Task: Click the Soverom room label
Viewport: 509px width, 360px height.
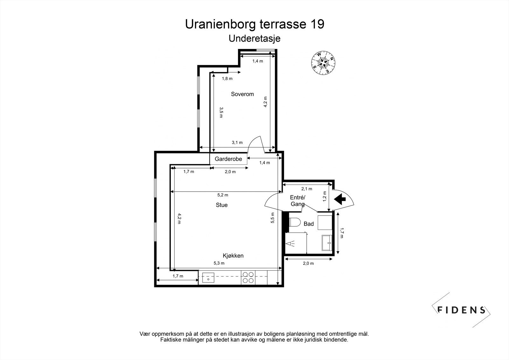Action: pos(242,94)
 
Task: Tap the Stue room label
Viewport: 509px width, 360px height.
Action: pos(221,205)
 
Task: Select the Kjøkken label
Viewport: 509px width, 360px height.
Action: pos(233,256)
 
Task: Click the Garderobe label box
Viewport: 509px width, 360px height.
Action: pos(228,159)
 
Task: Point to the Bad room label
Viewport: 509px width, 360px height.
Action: pos(309,224)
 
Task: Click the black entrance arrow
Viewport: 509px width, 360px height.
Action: pos(340,199)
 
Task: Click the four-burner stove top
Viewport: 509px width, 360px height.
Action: pos(248,277)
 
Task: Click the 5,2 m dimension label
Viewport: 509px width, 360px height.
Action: pos(222,195)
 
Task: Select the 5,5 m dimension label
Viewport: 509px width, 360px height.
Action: pos(273,218)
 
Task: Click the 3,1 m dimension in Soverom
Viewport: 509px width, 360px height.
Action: pos(237,143)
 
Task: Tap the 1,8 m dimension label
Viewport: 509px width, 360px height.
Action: pos(227,79)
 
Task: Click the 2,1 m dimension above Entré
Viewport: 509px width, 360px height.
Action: pos(307,189)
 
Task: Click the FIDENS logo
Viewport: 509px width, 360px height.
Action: pos(461,310)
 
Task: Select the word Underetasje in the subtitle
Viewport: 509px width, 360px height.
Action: pos(254,39)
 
